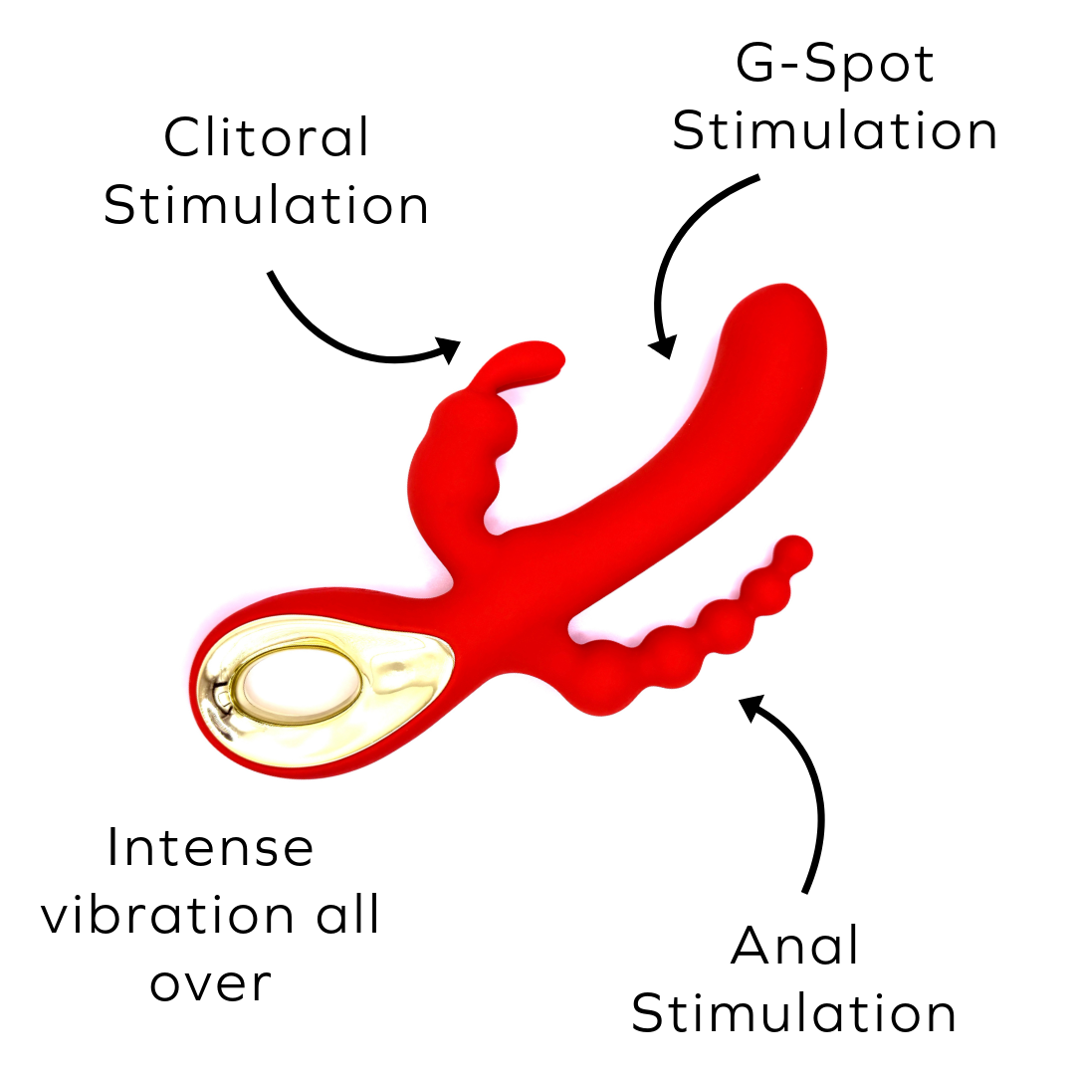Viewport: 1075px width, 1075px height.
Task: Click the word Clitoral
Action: tap(267, 137)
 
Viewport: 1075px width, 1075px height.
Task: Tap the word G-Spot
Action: tap(835, 65)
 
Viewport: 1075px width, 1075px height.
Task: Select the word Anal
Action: tap(794, 946)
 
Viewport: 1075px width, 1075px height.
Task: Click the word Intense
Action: tap(210, 848)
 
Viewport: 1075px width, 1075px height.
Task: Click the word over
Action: tap(210, 983)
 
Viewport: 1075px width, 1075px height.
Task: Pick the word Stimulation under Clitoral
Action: tap(267, 205)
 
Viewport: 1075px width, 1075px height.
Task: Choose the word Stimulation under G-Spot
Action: tap(835, 132)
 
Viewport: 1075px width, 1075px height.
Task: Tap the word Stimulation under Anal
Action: tap(794, 1013)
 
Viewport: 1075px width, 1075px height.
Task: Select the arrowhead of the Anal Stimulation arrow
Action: tap(752, 706)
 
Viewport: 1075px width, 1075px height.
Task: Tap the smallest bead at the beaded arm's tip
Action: tap(793, 550)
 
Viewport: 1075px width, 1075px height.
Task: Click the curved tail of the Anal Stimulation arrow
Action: tap(818, 816)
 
